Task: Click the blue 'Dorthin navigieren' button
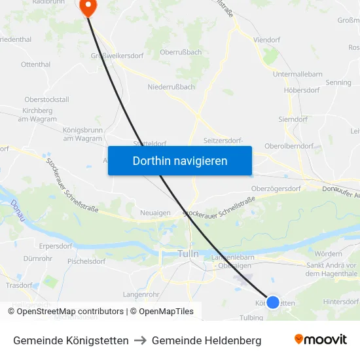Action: point(180,160)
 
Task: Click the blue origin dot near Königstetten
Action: point(273,302)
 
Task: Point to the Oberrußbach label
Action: point(180,52)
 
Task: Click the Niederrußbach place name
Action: point(171,86)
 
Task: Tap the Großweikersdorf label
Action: point(117,56)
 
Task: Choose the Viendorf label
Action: point(266,39)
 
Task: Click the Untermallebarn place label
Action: point(297,74)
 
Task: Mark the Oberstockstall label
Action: point(46,99)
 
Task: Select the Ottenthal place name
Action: point(35,65)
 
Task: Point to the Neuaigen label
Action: point(155,213)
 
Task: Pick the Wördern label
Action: point(328,253)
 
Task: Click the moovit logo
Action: point(320,340)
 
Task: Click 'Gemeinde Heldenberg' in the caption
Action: point(206,340)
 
